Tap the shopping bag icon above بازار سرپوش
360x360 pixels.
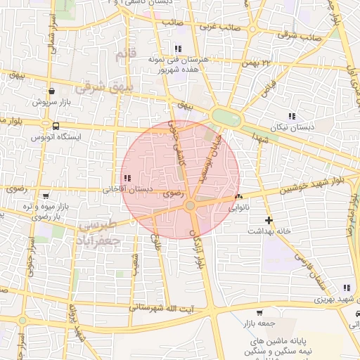pyautogui.click(x=51, y=91)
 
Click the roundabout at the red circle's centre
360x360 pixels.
pyautogui.click(x=190, y=205)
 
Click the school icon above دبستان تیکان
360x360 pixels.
pyautogui.click(x=292, y=116)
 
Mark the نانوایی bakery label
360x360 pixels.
pyautogui.click(x=238, y=208)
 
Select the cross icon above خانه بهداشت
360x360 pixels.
pyautogui.click(x=268, y=220)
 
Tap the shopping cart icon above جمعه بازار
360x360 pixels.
pyautogui.click(x=259, y=313)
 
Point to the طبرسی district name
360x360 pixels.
pyautogui.click(x=96, y=227)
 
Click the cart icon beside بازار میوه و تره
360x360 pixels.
pyautogui.click(x=46, y=197)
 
